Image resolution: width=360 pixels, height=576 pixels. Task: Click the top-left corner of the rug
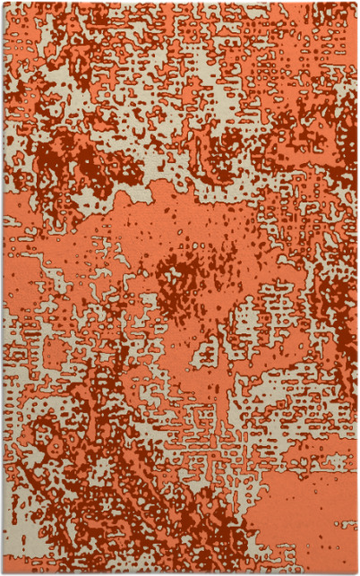point(3,3)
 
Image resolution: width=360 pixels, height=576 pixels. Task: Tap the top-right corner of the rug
point(356,3)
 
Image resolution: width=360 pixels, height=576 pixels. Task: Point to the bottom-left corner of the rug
point(3,572)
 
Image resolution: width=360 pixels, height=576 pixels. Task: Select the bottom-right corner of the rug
point(356,572)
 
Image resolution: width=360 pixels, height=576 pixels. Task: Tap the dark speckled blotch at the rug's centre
point(184,282)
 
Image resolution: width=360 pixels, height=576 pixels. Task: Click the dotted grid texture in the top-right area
point(304,54)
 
